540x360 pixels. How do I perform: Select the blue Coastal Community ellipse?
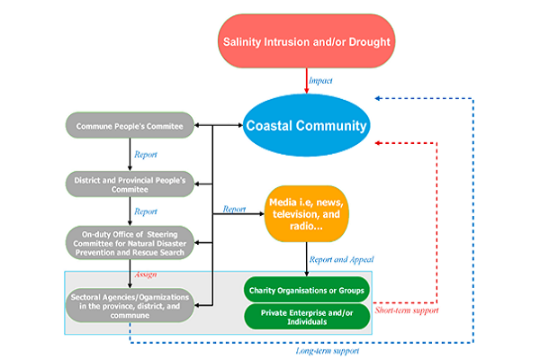coord(307,127)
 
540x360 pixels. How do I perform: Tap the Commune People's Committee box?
coord(130,126)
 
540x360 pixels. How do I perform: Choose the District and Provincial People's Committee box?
coord(130,183)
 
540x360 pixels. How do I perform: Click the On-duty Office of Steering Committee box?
coord(130,242)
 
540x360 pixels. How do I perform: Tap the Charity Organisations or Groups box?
coord(307,291)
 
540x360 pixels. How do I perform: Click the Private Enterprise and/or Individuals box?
coord(307,316)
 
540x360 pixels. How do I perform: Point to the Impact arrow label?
coord(320,81)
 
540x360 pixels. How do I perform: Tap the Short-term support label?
coord(404,310)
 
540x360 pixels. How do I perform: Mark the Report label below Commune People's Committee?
coord(146,154)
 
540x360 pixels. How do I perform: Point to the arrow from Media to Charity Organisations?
coord(307,260)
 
